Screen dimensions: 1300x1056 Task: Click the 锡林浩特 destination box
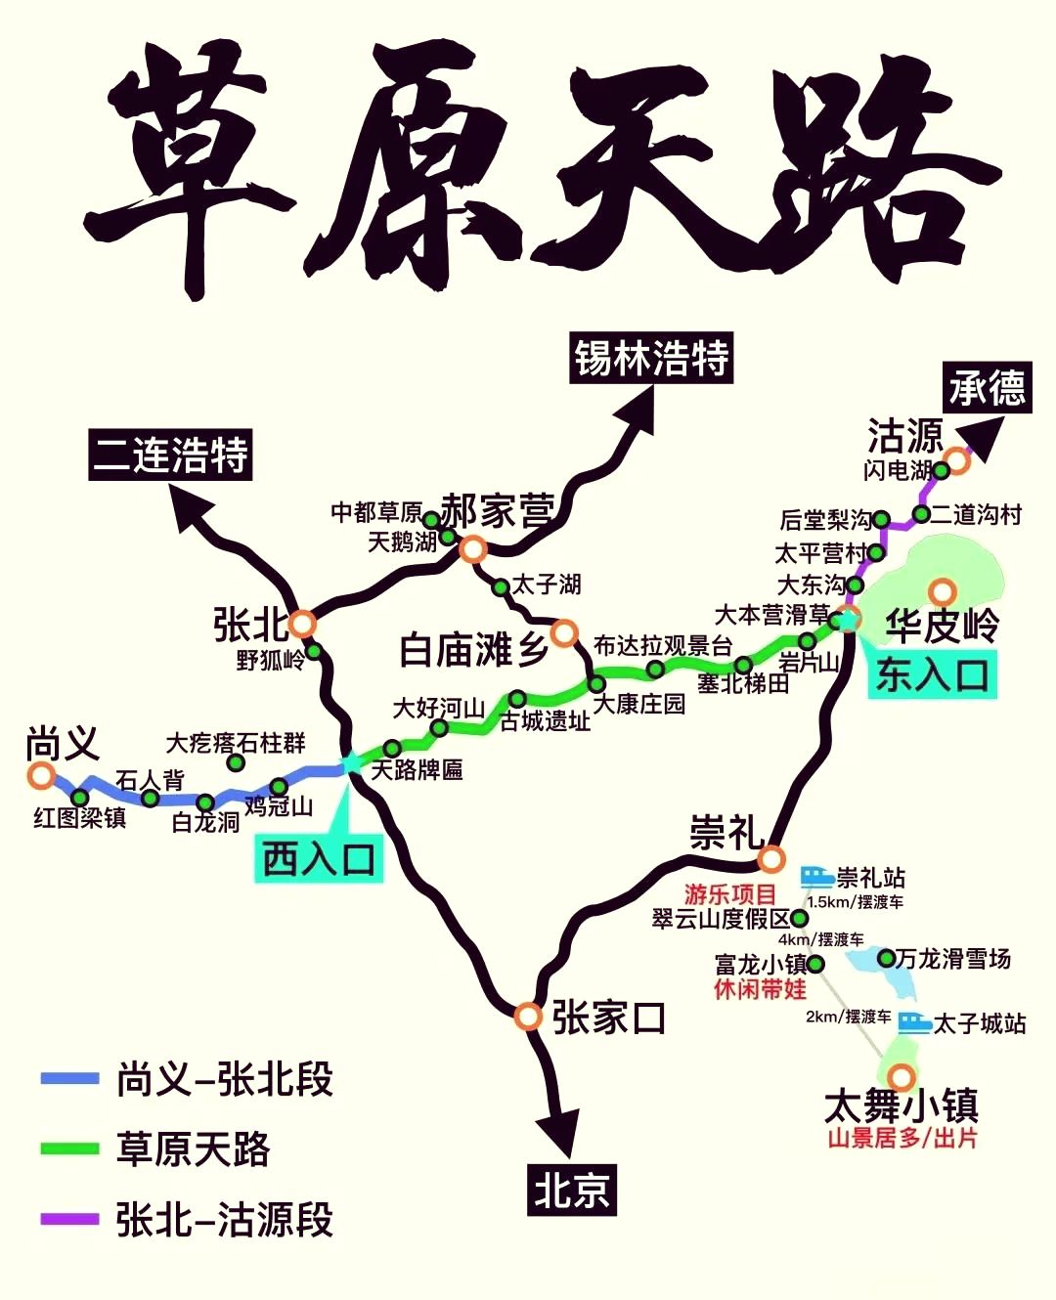coord(651,358)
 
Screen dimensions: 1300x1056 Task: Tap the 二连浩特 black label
coord(171,455)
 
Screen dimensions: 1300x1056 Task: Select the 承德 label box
coord(987,388)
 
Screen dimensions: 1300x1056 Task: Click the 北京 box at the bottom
coord(572,1190)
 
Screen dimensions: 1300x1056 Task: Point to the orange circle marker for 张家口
coord(528,1017)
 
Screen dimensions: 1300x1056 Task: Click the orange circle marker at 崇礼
coord(771,859)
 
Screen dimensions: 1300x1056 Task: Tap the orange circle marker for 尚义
coord(41,776)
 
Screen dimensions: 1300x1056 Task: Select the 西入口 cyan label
coord(319,860)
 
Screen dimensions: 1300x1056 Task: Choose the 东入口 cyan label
coord(932,674)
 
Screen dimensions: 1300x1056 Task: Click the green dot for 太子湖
coord(501,587)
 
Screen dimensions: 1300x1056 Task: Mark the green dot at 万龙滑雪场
coord(886,958)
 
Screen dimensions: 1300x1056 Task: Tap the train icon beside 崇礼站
coord(816,876)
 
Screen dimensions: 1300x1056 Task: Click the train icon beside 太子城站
coord(914,1022)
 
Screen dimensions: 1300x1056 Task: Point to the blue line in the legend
coord(69,1078)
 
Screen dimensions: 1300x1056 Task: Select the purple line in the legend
coord(69,1219)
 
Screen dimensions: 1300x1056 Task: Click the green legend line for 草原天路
coord(69,1148)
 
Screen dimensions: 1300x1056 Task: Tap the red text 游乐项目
coord(729,893)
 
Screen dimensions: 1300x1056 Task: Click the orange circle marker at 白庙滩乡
coord(564,633)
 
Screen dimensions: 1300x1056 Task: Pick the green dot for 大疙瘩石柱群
coord(236,762)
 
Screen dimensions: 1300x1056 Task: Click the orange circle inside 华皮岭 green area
coord(942,591)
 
